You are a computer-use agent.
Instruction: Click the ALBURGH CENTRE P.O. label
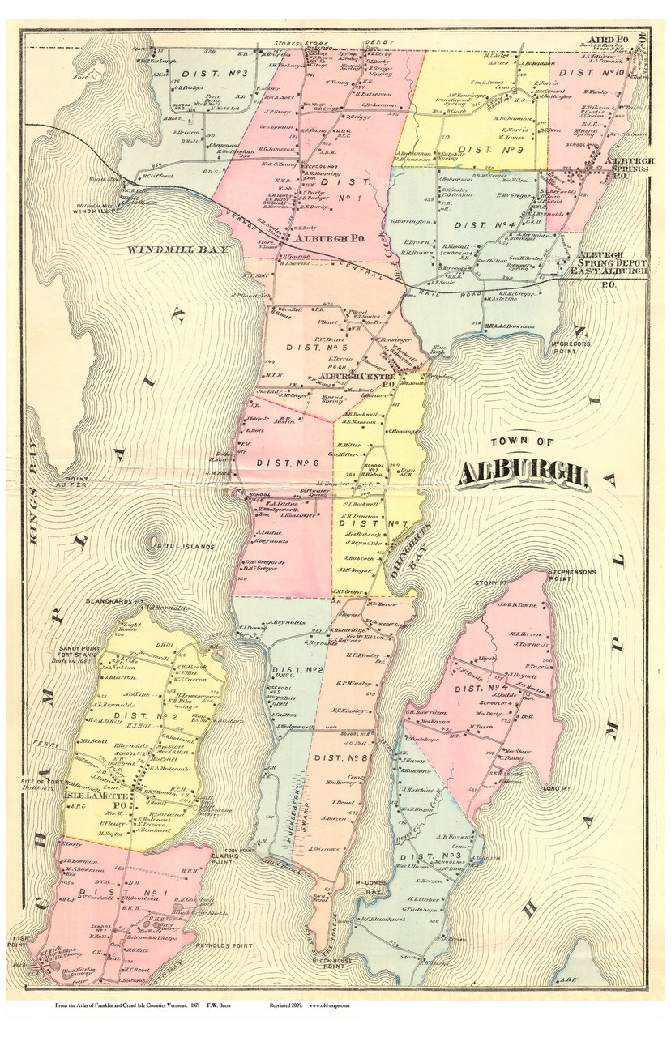tap(351, 380)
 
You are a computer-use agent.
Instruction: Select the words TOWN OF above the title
tap(523, 442)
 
